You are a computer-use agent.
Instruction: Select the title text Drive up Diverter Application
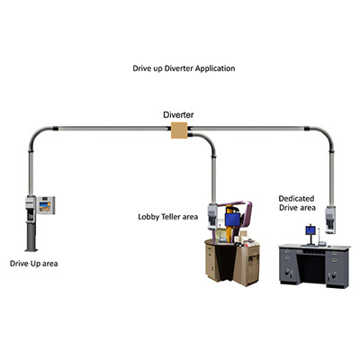click(184, 68)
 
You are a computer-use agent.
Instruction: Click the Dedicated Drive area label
click(296, 202)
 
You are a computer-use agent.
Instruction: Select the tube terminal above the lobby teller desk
click(212, 214)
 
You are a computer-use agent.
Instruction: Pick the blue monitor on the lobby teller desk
click(233, 219)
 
